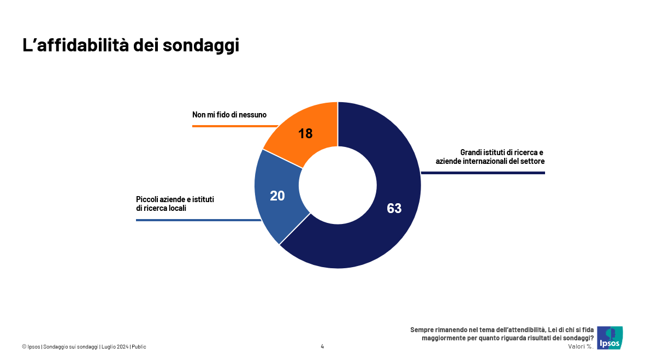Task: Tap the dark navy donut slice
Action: (382, 235)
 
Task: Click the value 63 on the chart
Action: (394, 208)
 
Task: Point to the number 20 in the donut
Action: (277, 196)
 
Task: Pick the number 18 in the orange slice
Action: (305, 133)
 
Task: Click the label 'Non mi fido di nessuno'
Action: (229, 115)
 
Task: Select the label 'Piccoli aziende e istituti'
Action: (175, 199)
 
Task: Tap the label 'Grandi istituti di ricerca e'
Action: (502, 152)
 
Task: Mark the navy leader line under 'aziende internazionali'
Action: (483, 173)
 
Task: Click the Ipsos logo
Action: (610, 338)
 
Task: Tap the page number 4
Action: (322, 346)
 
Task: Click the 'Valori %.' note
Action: (581, 346)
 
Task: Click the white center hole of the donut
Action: (338, 185)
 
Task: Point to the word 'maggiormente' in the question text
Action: (443, 338)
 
